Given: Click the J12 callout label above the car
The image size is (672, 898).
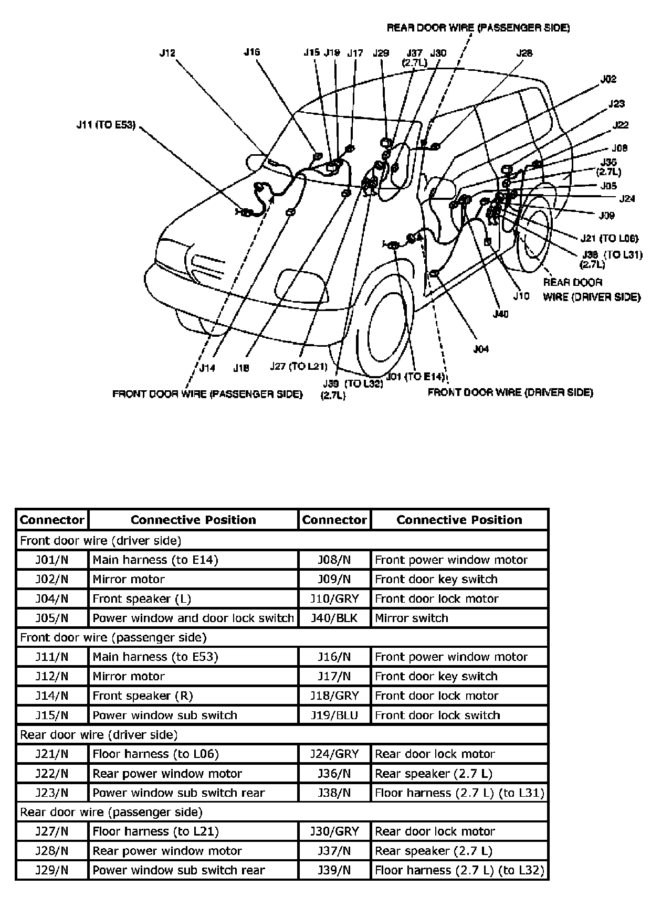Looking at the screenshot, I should pos(167,52).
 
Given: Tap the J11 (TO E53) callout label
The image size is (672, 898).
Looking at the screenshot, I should pos(106,125).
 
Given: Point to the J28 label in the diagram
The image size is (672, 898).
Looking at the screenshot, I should pos(524,53).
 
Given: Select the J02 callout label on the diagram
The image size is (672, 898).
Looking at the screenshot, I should pos(608,79).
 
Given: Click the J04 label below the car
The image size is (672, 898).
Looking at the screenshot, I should pos(481,349).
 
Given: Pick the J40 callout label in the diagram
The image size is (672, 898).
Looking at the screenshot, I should pos(501,314).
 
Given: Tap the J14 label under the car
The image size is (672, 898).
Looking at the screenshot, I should pos(207,368).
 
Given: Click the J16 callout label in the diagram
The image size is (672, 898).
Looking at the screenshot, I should pos(252,52).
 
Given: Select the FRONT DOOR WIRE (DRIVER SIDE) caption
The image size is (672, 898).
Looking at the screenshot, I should pos(510,392).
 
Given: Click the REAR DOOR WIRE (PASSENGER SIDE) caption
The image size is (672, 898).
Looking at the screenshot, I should pos(478,28).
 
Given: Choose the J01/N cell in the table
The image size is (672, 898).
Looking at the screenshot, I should pos(52,560).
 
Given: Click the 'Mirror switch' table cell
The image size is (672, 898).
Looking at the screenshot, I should pos(459,618).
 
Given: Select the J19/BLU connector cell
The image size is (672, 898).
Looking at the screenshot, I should pos(334,715).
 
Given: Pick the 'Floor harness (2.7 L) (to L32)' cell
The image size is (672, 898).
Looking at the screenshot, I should pos(459,870).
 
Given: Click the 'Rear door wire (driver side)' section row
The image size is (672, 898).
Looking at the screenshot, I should pos(282,734).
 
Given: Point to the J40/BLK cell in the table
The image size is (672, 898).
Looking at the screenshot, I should pos(334,618).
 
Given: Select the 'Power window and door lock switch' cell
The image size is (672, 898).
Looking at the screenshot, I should pos(193,618).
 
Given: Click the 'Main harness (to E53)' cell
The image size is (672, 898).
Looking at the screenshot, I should pos(193,657).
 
